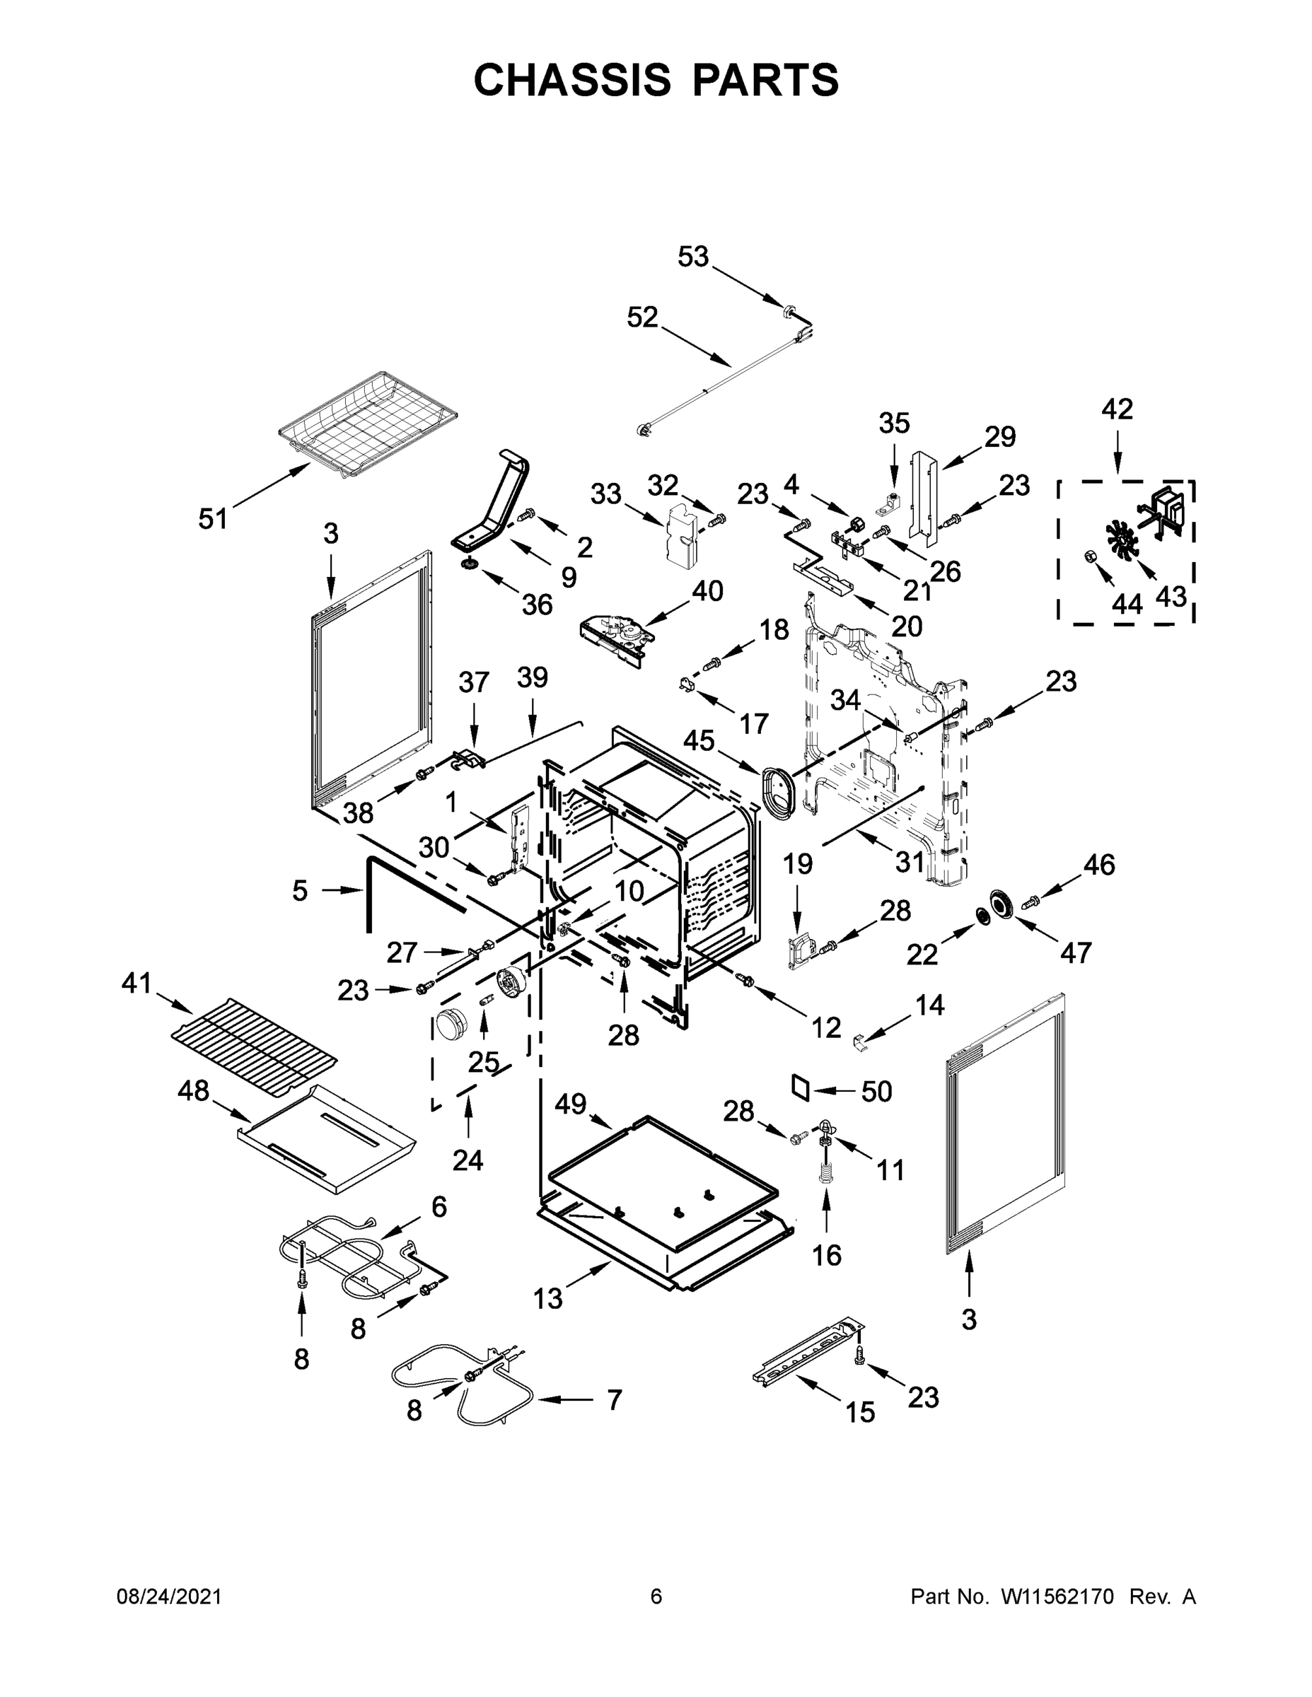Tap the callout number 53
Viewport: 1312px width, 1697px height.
click(x=692, y=257)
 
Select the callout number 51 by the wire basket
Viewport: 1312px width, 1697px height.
click(x=213, y=518)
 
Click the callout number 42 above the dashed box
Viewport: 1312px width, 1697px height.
click(x=1117, y=409)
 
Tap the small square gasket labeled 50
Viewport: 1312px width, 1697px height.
click(x=801, y=1087)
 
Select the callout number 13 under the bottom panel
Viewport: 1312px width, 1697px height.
click(x=547, y=1297)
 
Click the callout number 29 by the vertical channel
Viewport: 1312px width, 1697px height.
click(x=999, y=437)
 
